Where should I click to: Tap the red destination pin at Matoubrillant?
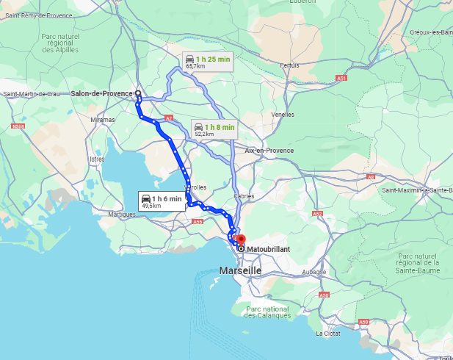pyautogui.click(x=241, y=240)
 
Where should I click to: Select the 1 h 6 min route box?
pyautogui.click(x=162, y=201)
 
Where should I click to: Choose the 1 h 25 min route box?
pyautogui.click(x=208, y=62)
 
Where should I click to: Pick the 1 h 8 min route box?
pyautogui.click(x=213, y=130)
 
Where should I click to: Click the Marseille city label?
pyautogui.click(x=240, y=270)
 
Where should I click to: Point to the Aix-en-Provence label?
pyautogui.click(x=269, y=150)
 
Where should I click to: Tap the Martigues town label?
pyautogui.click(x=122, y=215)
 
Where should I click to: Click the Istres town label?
pyautogui.click(x=97, y=159)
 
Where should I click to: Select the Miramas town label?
pyautogui.click(x=103, y=120)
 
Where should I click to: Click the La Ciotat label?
pyautogui.click(x=327, y=333)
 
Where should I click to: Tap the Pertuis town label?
pyautogui.click(x=290, y=65)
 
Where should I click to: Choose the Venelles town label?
pyautogui.click(x=283, y=115)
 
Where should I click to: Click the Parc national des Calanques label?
pyautogui.click(x=268, y=312)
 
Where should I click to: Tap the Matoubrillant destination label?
pyautogui.click(x=268, y=249)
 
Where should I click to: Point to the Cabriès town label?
pyautogui.click(x=244, y=196)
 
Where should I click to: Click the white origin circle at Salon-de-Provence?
pyautogui.click(x=137, y=93)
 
